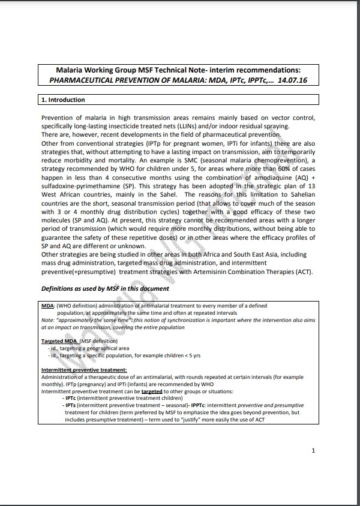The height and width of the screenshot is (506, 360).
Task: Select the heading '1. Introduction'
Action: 63,100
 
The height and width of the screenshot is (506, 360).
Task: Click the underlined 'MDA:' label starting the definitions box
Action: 48,306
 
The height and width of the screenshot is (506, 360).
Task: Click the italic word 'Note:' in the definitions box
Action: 48,320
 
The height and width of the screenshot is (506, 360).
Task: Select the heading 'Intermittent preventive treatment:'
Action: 83,370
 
